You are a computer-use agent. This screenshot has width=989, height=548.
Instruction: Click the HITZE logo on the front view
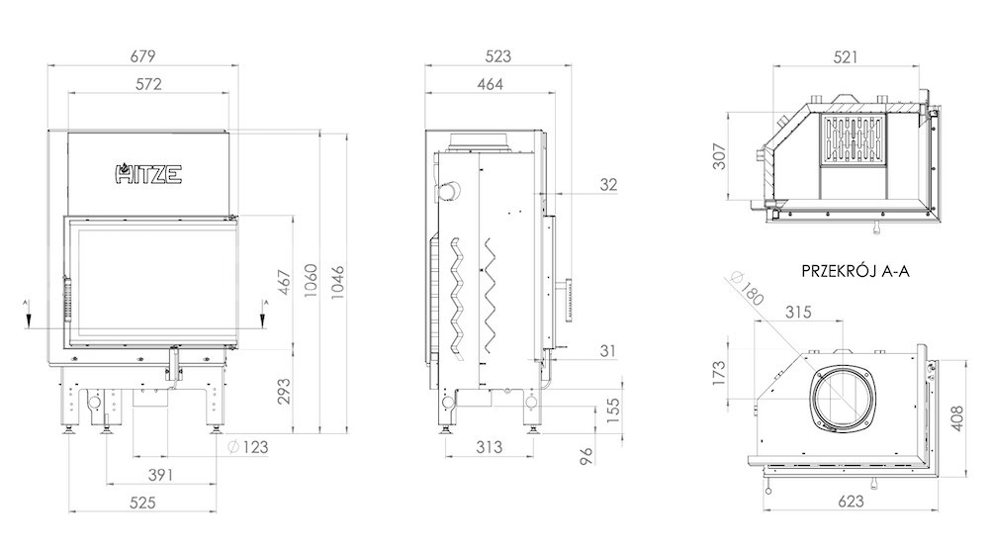(149, 174)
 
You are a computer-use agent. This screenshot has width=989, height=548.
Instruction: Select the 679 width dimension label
(142, 56)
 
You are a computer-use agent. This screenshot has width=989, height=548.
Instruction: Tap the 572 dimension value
(149, 84)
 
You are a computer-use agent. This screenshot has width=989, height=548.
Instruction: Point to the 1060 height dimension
(311, 282)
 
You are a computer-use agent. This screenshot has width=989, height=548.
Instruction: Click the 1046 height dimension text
(338, 282)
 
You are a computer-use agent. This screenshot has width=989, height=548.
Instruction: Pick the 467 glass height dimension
(285, 282)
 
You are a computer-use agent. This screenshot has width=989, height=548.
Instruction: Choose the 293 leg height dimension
(285, 391)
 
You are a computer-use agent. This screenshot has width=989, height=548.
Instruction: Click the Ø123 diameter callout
(248, 447)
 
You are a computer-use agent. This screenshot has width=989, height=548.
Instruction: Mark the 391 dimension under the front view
(160, 475)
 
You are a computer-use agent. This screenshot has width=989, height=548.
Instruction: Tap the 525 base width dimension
(142, 502)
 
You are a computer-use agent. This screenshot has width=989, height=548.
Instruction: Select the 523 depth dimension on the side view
(497, 56)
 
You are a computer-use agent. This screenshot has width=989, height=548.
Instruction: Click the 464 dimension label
(491, 84)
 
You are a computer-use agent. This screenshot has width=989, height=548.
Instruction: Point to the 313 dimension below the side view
(489, 447)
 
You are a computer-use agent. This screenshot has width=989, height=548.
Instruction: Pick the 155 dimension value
(612, 408)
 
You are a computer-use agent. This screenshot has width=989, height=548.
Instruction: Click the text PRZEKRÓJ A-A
(855, 271)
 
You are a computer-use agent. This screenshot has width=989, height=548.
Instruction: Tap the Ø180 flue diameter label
(747, 289)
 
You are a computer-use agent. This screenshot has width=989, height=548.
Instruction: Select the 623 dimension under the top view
(851, 502)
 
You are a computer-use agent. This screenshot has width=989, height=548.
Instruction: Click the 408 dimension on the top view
(956, 418)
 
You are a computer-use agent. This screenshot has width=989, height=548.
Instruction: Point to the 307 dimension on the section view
(719, 156)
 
